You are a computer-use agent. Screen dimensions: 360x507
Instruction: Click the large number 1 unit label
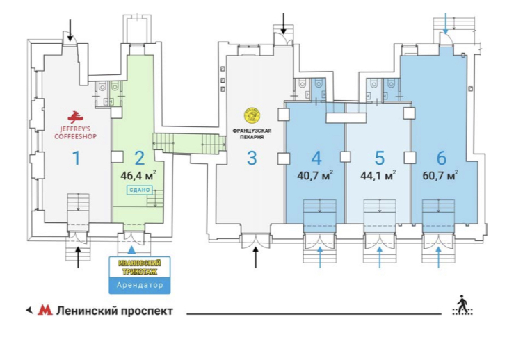[77, 158]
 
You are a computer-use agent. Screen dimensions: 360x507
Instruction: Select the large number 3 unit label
[251, 158]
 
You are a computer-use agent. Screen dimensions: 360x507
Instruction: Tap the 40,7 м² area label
[316, 175]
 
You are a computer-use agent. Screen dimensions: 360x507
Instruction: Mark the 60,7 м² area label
[440, 175]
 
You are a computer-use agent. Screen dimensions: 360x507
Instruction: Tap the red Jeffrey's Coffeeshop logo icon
[74, 115]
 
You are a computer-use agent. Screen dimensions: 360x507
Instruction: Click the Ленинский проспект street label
[114, 311]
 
